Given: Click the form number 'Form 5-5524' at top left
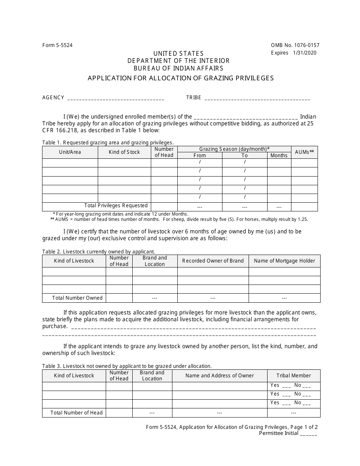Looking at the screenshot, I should (x=57, y=45).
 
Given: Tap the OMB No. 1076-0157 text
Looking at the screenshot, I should (x=295, y=45).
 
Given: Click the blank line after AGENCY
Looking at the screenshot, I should (x=116, y=99).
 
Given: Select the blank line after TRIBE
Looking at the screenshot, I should (x=257, y=99).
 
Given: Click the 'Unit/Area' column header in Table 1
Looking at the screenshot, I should (x=70, y=152).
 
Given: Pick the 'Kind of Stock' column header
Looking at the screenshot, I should (x=124, y=152).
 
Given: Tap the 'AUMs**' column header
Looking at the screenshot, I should (x=304, y=152).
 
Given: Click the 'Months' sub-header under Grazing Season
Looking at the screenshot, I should (x=279, y=155).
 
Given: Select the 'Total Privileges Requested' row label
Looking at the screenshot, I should (x=116, y=206).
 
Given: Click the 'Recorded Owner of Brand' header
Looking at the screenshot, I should (x=213, y=261).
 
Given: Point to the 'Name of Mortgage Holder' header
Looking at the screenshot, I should (x=284, y=261).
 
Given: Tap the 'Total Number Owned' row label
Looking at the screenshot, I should (x=77, y=298).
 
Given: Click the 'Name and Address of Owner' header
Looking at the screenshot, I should (x=219, y=375).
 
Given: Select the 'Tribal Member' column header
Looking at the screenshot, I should (x=293, y=375).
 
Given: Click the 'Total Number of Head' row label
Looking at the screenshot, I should (x=77, y=413).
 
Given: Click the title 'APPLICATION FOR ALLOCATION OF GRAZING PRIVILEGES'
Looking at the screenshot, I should (x=180, y=78).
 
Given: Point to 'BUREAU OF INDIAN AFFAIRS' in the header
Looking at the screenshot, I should (x=178, y=69).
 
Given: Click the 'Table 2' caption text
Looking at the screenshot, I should (x=98, y=251).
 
